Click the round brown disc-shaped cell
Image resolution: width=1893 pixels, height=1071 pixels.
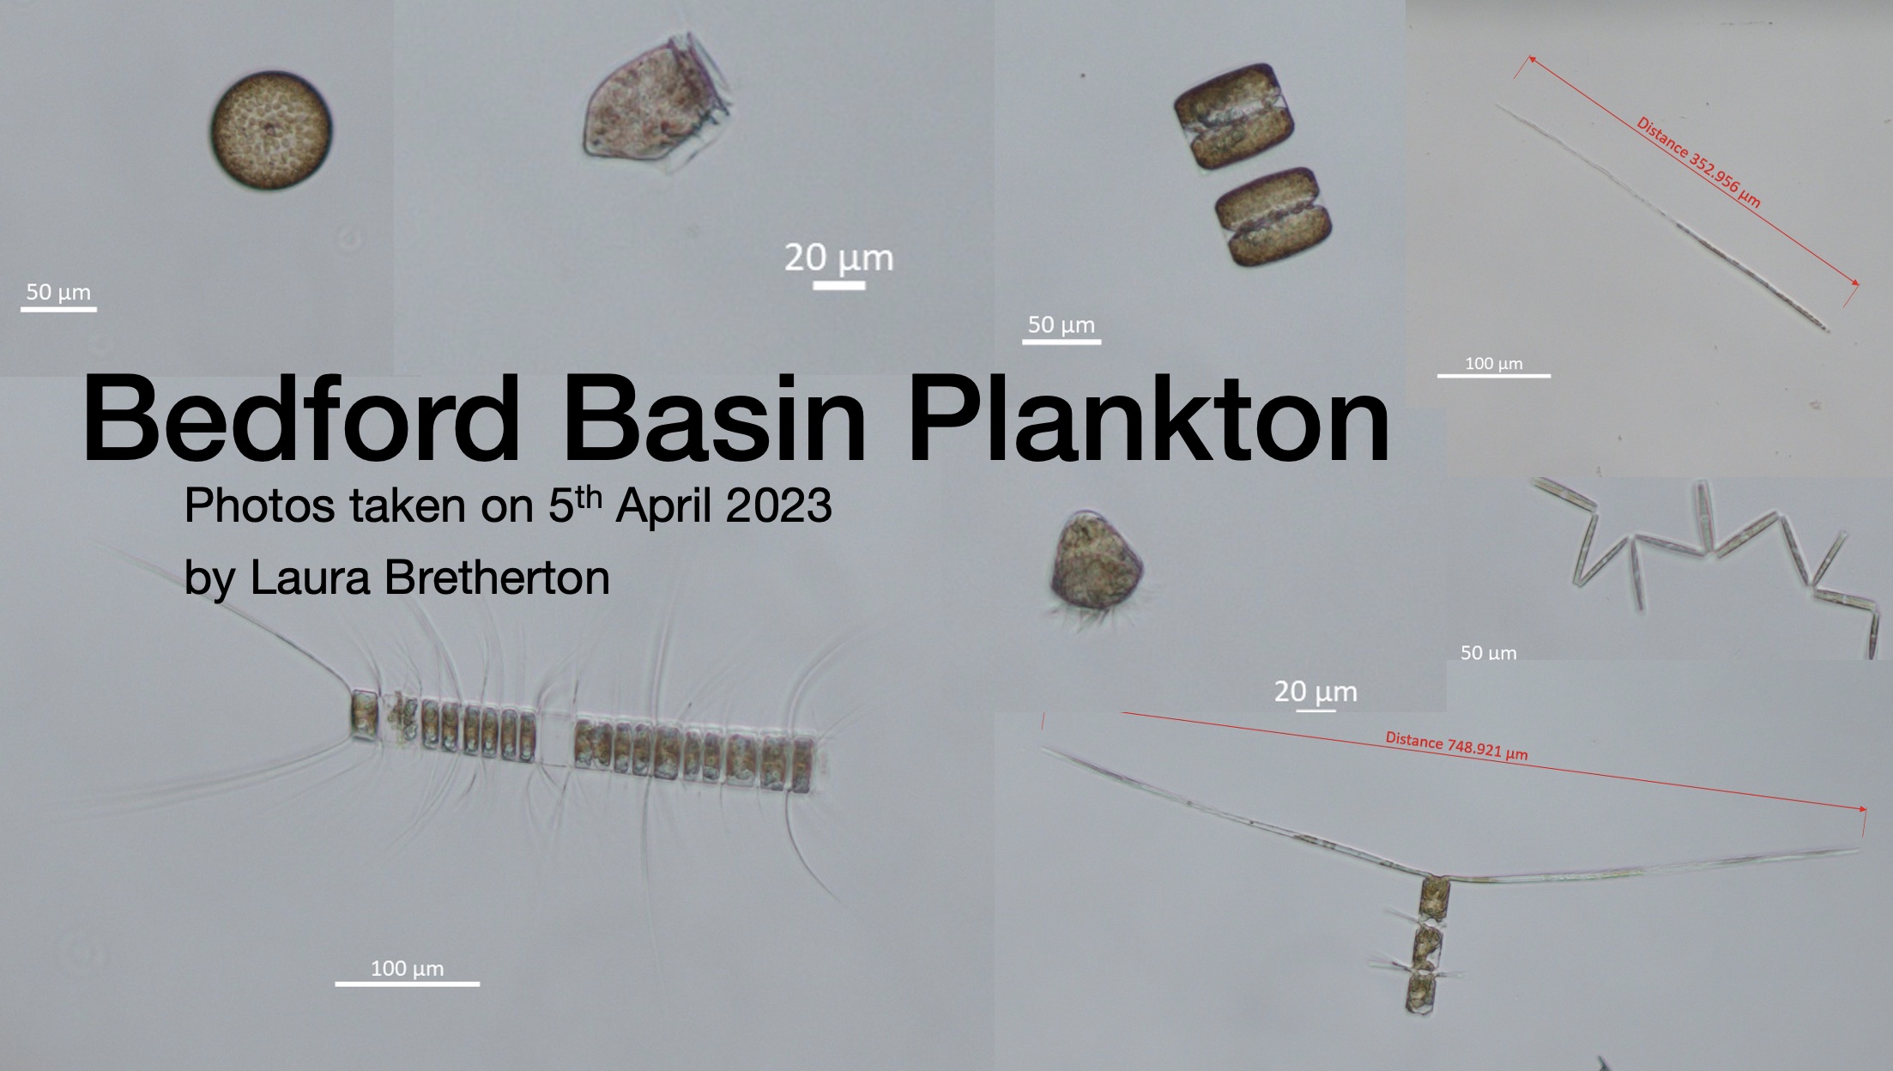coord(271,130)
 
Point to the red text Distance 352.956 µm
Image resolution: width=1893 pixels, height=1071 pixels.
coord(1698,162)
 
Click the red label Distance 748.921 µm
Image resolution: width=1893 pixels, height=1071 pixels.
coord(1456,746)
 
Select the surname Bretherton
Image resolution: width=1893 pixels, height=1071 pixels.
coord(497,578)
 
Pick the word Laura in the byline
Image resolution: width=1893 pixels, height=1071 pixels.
coord(312,578)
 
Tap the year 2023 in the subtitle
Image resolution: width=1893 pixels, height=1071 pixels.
coord(778,505)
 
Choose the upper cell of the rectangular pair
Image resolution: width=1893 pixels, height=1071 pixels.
coord(1233,116)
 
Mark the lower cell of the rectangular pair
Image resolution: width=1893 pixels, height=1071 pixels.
coord(1274,216)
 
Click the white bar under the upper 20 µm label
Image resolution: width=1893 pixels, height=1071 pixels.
coord(838,285)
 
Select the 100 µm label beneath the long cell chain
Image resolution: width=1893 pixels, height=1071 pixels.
coord(407,969)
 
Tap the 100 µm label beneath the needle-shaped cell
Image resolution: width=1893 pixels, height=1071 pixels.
coord(1494,363)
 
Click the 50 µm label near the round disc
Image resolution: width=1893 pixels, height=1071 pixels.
coord(58,292)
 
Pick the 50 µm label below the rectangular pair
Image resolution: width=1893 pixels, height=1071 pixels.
coord(1061,324)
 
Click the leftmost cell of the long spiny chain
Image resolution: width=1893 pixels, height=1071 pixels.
coord(364,715)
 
